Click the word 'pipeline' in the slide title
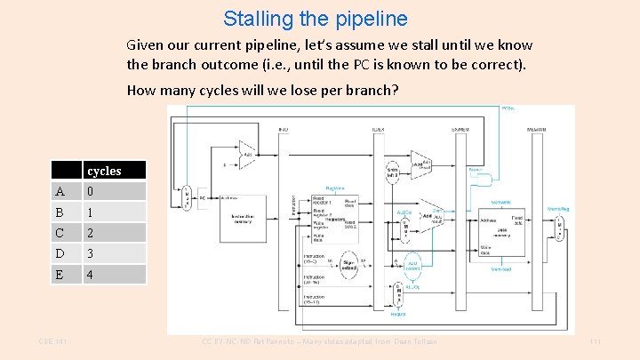(x=373, y=19)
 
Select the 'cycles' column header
(x=103, y=171)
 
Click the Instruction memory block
(x=243, y=218)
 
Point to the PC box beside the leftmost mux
(x=203, y=197)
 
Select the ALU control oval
(x=412, y=265)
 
